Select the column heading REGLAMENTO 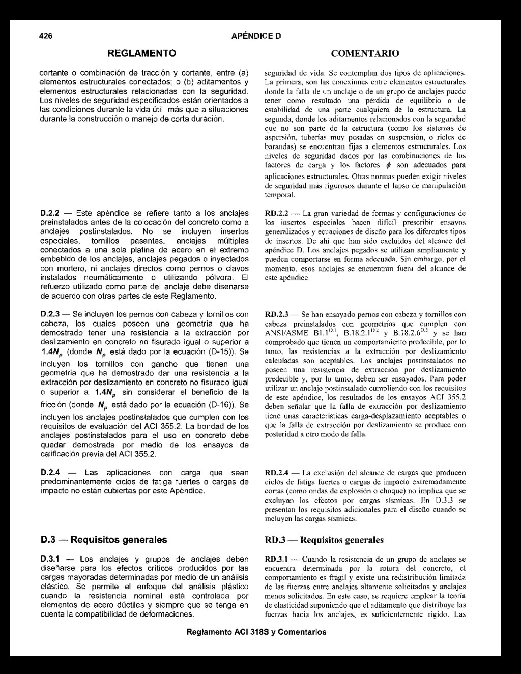(x=142, y=53)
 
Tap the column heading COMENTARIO (x=365, y=53)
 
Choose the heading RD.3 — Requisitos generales (x=324, y=540)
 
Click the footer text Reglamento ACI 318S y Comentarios (x=256, y=632)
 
